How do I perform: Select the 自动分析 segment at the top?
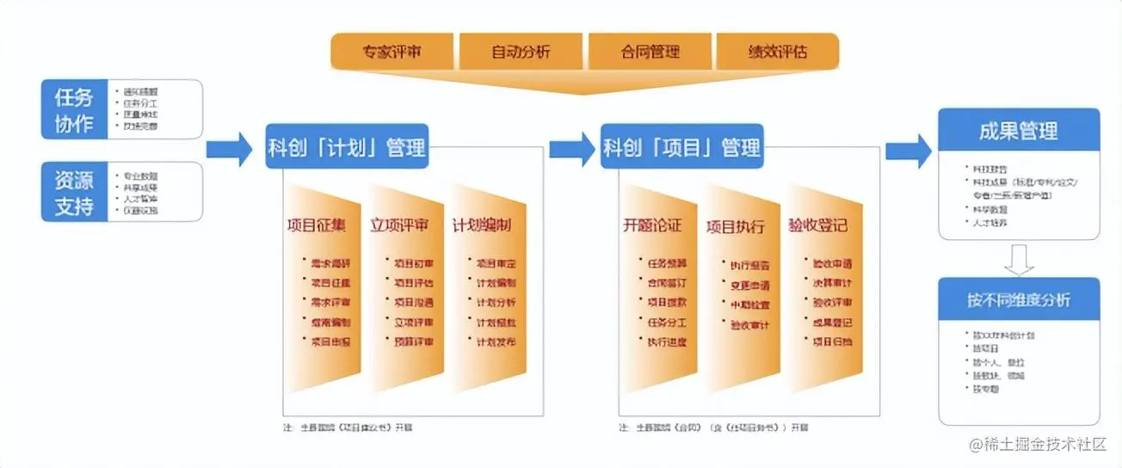pyautogui.click(x=521, y=52)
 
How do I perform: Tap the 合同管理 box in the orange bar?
pyautogui.click(x=650, y=52)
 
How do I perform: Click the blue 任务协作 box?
pyautogui.click(x=74, y=109)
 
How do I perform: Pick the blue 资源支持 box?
pyautogui.click(x=74, y=192)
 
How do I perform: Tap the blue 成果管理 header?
pyautogui.click(x=1019, y=131)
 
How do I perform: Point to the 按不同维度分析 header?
pyautogui.click(x=1019, y=300)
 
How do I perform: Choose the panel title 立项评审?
pyautogui.click(x=400, y=226)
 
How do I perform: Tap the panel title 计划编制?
pyautogui.click(x=482, y=226)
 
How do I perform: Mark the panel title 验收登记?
pyautogui.click(x=817, y=226)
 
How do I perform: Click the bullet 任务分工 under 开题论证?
pyautogui.click(x=667, y=323)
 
